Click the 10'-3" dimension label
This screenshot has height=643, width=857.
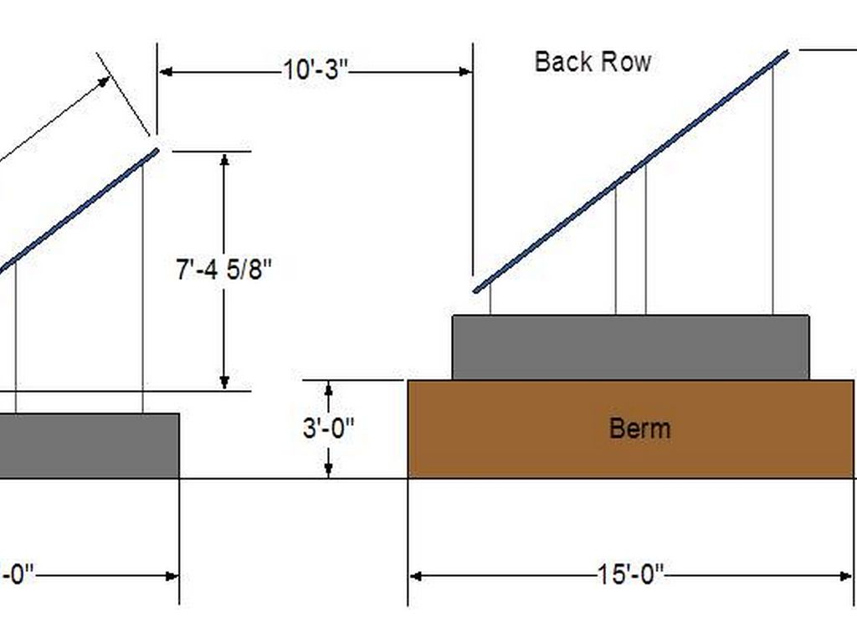click(315, 71)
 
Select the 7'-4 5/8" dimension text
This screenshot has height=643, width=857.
click(224, 271)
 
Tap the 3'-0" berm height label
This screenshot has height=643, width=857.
click(328, 428)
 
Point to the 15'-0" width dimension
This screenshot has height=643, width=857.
click(630, 575)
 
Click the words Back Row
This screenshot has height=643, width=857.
click(593, 62)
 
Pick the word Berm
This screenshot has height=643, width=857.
click(639, 429)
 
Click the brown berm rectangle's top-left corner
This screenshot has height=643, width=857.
click(408, 381)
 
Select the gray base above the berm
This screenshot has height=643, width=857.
click(630, 347)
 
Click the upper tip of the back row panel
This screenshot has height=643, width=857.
click(787, 53)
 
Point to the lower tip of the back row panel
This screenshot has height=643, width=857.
click(475, 291)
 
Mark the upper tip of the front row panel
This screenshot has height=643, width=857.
click(157, 151)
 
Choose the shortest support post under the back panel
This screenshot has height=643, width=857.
click(490, 299)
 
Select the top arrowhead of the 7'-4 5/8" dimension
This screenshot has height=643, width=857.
click(224, 158)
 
